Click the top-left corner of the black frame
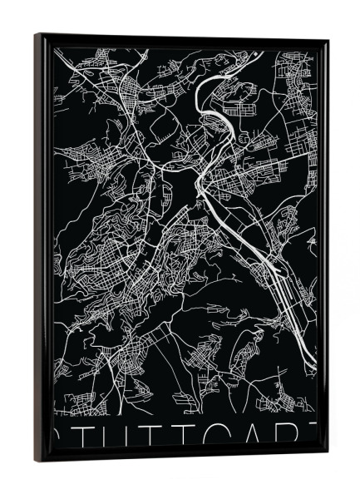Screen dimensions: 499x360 [x=36, y=35]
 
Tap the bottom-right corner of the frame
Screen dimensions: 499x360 [x=327, y=452]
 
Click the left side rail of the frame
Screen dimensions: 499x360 [x=43, y=249]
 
